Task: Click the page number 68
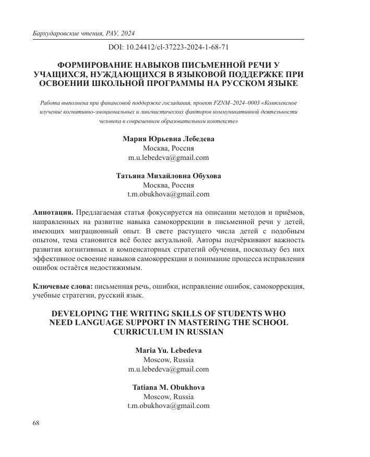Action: coord(36,423)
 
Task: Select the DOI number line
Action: coord(168,47)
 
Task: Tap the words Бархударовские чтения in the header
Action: coord(62,33)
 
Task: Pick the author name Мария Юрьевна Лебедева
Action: coord(168,139)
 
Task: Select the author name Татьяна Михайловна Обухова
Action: coord(168,176)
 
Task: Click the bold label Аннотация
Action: coord(53,213)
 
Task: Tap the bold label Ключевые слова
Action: coord(63,286)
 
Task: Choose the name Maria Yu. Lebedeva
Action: coord(168,351)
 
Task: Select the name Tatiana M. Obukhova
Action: coord(168,387)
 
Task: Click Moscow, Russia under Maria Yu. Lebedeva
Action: coord(168,360)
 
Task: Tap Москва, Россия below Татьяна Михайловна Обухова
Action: coord(168,185)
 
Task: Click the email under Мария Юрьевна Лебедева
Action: coord(168,157)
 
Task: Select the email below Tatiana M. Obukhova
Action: coord(168,405)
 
